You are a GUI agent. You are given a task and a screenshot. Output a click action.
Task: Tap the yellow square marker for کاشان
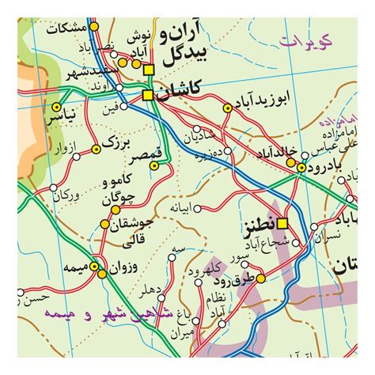tap(148, 95)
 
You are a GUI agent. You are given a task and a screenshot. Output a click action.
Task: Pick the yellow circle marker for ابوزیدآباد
tap(227, 106)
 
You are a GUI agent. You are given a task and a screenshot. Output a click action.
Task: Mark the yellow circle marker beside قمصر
tap(154, 165)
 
